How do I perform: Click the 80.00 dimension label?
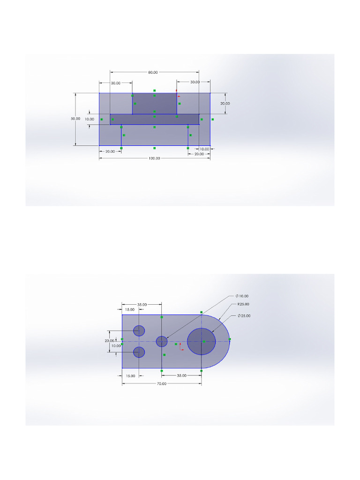tap(153, 73)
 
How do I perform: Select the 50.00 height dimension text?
tap(75, 119)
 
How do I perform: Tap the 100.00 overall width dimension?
tap(154, 158)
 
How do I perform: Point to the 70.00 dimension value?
tap(161, 383)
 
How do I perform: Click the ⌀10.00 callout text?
tap(242, 296)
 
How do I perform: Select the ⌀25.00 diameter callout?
tap(244, 316)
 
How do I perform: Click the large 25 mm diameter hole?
tap(201, 341)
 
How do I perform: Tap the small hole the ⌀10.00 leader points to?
tap(162, 341)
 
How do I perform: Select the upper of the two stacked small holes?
tap(139, 330)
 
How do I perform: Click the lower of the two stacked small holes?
tap(139, 352)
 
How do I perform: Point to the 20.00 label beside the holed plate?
tap(109, 341)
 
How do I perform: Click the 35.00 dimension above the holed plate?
tap(142, 304)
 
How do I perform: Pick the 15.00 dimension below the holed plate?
tap(130, 375)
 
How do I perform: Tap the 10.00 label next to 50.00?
tap(90, 119)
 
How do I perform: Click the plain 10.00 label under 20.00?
tap(116, 346)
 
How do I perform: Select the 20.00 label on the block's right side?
tap(225, 103)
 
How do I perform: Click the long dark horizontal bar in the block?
tap(155, 120)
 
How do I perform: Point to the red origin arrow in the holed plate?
tap(181, 347)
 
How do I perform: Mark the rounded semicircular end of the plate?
tap(220, 341)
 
